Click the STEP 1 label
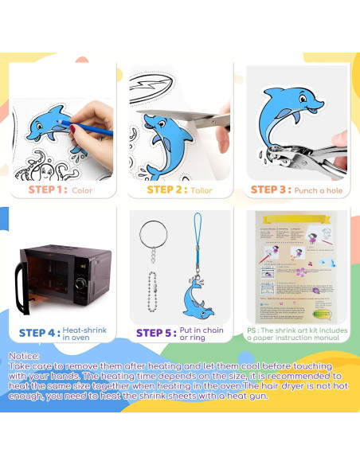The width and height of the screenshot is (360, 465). click(46, 190)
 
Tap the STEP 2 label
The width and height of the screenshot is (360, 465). click(166, 190)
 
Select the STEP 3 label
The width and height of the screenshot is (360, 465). click(273, 190)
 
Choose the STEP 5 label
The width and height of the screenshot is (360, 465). click(155, 333)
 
